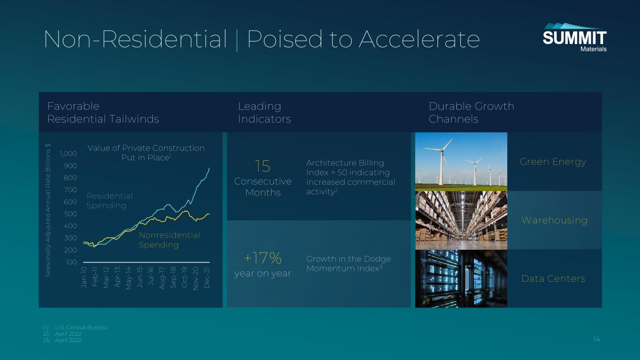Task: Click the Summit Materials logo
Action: pyautogui.click(x=574, y=37)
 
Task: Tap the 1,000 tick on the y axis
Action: pyautogui.click(x=68, y=154)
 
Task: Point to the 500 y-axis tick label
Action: pyautogui.click(x=70, y=214)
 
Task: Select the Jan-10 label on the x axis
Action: pyautogui.click(x=84, y=277)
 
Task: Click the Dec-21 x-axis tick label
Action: pyautogui.click(x=207, y=277)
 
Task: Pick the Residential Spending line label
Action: pyautogui.click(x=110, y=201)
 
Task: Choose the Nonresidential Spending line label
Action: pyautogui.click(x=169, y=240)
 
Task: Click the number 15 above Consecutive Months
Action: pyautogui.click(x=263, y=166)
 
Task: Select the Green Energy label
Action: pyautogui.click(x=553, y=162)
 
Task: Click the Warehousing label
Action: pyautogui.click(x=555, y=220)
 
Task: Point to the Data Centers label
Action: pyautogui.click(x=553, y=278)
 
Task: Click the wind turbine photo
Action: pyautogui.click(x=461, y=162)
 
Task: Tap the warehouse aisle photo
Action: pyautogui.click(x=461, y=220)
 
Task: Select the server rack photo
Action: pyautogui.click(x=461, y=279)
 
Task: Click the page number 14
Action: pyautogui.click(x=596, y=339)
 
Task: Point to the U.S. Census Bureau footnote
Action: pyautogui.click(x=75, y=328)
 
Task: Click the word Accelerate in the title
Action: pyautogui.click(x=420, y=39)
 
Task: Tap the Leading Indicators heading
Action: pyautogui.click(x=264, y=112)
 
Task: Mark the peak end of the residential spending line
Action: pyautogui.click(x=209, y=168)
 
